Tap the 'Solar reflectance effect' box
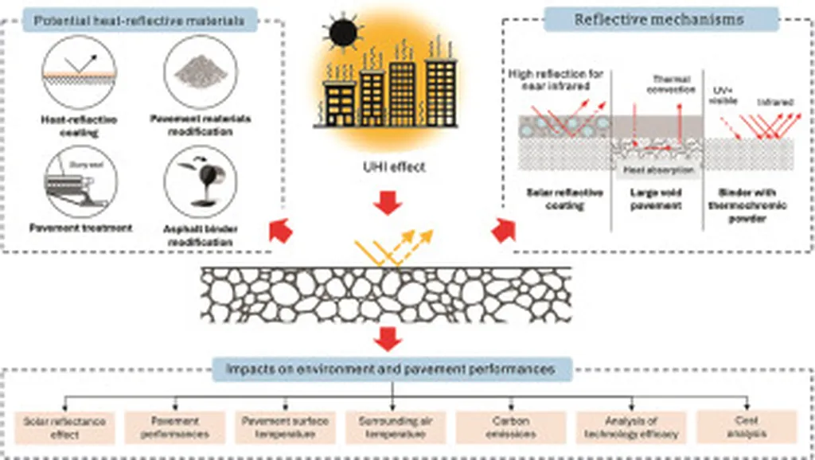pos(64,427)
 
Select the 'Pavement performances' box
pos(174,427)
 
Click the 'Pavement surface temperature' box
pos(284,427)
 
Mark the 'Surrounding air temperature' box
pos(392,427)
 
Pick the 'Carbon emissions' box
pos(502,427)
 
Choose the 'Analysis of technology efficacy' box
pos(630,427)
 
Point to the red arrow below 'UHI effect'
pos(388,203)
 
